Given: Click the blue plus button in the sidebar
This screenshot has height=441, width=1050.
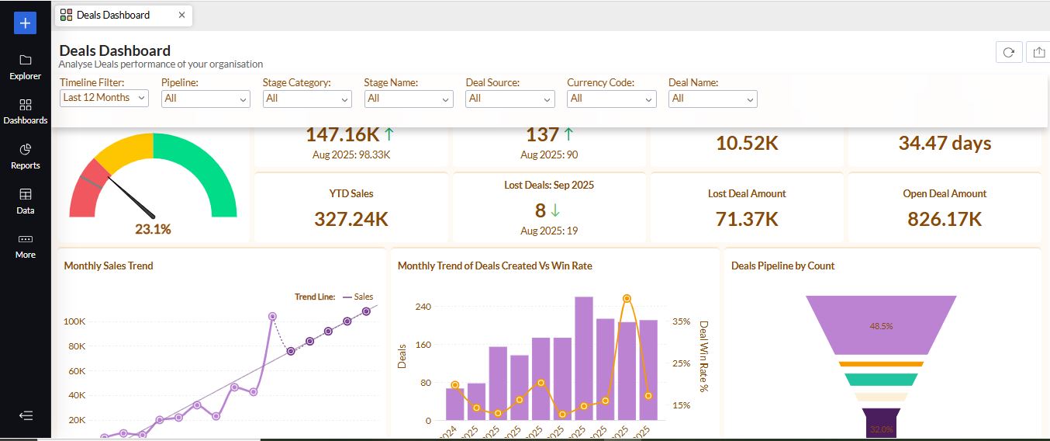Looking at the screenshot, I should pyautogui.click(x=26, y=23).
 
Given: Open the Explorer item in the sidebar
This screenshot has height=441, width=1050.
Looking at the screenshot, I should pyautogui.click(x=26, y=67).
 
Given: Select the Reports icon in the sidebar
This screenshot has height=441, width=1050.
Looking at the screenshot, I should pyautogui.click(x=26, y=155).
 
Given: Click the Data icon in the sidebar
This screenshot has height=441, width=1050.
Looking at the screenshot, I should pyautogui.click(x=26, y=200).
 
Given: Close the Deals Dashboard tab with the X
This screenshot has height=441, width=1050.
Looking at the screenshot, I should pyautogui.click(x=181, y=15).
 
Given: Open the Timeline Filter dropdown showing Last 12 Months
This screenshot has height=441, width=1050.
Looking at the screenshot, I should pyautogui.click(x=104, y=98).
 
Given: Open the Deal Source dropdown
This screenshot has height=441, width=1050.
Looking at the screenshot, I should pyautogui.click(x=509, y=99).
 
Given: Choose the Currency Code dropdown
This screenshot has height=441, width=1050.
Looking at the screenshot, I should pyautogui.click(x=611, y=99).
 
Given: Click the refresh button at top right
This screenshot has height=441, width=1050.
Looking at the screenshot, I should pyautogui.click(x=1008, y=52).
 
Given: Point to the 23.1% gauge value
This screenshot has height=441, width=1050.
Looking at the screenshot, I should pyautogui.click(x=153, y=229).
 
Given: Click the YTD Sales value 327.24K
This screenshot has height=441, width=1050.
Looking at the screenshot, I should pyautogui.click(x=351, y=219).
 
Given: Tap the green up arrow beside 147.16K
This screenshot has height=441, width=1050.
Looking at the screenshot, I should pyautogui.click(x=389, y=134).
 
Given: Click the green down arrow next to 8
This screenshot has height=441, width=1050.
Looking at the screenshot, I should pyautogui.click(x=555, y=210).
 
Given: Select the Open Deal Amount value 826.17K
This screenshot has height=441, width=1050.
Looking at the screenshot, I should pyautogui.click(x=944, y=219).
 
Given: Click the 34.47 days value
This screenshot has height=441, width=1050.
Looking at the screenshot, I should pyautogui.click(x=944, y=143).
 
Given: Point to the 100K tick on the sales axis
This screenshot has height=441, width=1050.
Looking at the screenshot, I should pyautogui.click(x=74, y=321).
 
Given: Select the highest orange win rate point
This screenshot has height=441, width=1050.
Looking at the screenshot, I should pyautogui.click(x=627, y=298).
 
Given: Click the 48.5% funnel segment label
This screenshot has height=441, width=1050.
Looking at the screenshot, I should pyautogui.click(x=881, y=326).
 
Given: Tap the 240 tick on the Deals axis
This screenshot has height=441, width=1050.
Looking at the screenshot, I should pyautogui.click(x=423, y=307).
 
